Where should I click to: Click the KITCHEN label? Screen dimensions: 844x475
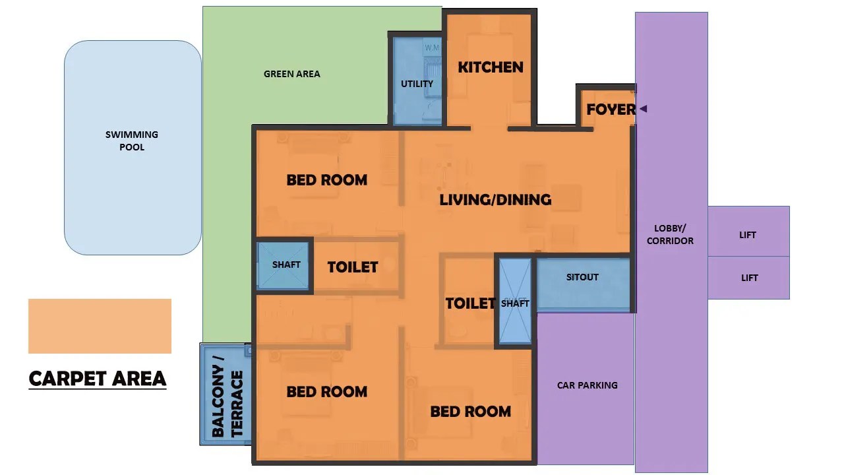490,67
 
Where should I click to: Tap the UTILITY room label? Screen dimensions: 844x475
417,84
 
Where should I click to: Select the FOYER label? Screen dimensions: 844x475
611,110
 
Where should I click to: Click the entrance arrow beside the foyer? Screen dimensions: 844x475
644,109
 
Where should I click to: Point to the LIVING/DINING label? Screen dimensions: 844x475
495,200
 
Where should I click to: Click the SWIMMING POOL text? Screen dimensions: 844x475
131,141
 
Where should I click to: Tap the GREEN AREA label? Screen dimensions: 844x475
291,74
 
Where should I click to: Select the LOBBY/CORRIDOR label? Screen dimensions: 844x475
670,234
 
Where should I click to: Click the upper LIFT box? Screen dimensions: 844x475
748,231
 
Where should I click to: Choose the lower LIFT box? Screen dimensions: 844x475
748,278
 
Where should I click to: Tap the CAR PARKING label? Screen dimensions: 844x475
587,385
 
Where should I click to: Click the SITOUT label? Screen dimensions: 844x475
582,277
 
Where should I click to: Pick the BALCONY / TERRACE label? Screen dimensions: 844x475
227,396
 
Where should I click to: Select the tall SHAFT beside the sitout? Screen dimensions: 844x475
515,301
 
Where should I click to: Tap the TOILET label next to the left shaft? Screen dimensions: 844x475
353,267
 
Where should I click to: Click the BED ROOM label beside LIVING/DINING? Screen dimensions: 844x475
326,180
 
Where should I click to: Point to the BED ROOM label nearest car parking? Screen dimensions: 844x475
471,412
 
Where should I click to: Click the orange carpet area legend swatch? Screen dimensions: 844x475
100,326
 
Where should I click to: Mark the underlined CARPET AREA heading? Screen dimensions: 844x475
97,379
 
